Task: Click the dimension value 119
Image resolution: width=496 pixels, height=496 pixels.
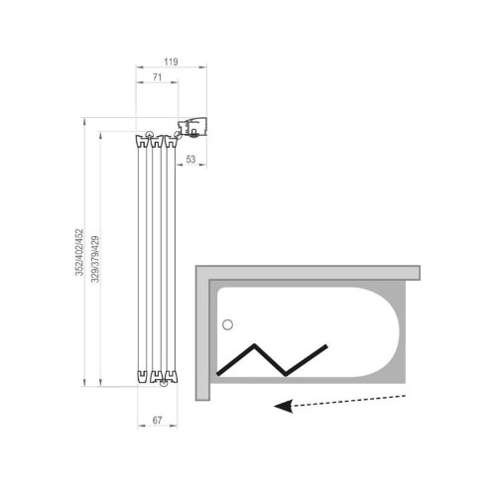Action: tap(171, 62)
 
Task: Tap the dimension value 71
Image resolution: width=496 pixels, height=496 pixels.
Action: tap(157, 77)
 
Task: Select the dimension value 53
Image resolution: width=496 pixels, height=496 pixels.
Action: tap(190, 160)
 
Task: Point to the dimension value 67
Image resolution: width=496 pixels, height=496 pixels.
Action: tap(158, 421)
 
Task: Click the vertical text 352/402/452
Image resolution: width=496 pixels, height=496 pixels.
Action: tap(79, 252)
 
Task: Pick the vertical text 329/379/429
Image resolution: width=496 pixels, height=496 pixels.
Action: tap(95, 259)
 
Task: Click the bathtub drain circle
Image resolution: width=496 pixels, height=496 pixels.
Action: tap(227, 325)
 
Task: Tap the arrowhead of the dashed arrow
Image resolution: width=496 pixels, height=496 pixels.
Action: tap(284, 406)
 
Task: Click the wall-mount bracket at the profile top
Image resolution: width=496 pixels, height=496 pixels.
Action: tap(192, 126)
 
